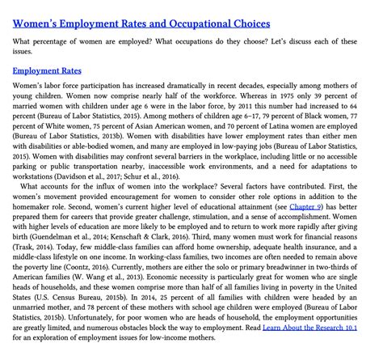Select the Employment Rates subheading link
[x=47, y=70]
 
